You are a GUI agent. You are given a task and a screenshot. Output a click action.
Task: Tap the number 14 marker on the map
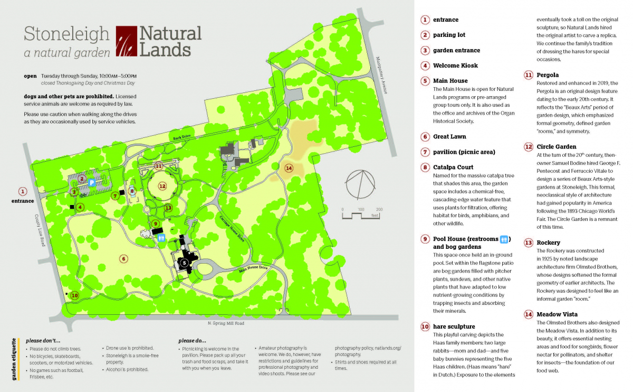click(288, 168)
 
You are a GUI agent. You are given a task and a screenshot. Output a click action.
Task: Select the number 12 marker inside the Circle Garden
click(162, 186)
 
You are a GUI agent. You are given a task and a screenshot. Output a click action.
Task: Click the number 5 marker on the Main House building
click(184, 262)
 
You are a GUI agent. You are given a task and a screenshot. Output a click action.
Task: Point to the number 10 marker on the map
click(74, 295)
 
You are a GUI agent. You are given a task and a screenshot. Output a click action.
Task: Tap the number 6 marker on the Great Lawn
click(123, 259)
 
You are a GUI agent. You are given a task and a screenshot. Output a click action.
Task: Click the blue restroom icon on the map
click(162, 238)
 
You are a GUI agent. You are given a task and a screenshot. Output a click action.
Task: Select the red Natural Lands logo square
click(126, 41)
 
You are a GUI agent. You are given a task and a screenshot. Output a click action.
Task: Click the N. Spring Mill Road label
click(226, 323)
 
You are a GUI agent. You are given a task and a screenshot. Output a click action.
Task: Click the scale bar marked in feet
click(361, 214)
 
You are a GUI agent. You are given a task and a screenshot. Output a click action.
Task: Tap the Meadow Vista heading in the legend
click(557, 314)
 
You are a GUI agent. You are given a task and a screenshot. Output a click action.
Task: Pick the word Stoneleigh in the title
click(66, 35)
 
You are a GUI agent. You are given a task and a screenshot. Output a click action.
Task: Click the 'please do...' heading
click(192, 341)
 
